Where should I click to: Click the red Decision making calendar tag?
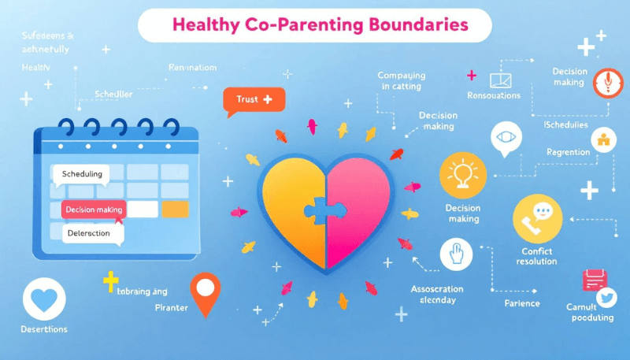point(93,210)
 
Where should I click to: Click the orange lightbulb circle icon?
point(462,174)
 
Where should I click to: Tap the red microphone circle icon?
point(605,82)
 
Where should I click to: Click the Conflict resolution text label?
point(537,257)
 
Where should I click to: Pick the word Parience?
point(521,303)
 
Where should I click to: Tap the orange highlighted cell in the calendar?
point(174,210)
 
